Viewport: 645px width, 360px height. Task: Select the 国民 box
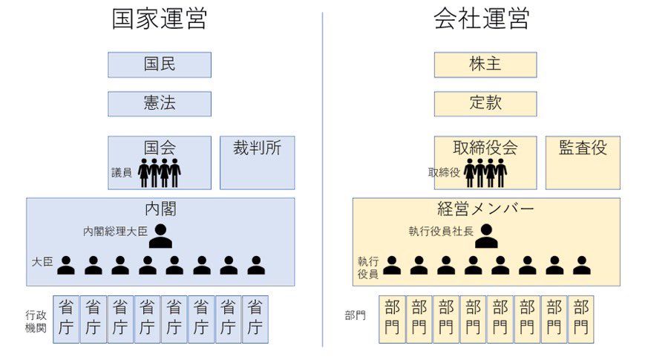pos(160,65)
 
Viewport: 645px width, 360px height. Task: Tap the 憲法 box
pos(160,104)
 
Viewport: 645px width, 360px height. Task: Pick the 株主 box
pos(485,65)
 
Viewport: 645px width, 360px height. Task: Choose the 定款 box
pos(485,104)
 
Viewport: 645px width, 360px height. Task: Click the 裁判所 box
pos(257,162)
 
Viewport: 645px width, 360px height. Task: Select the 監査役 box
pos(583,162)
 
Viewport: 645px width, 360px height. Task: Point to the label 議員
pos(122,172)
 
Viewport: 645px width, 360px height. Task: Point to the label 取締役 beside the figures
pos(444,172)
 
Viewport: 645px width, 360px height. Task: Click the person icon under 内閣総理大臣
pos(160,236)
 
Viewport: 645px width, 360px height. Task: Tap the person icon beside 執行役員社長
pos(486,236)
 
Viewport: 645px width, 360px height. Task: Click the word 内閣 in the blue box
pos(160,209)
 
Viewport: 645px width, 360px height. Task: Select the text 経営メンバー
pos(486,209)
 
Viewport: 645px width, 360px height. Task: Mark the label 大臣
pos(42,262)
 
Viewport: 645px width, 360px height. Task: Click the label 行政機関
pos(36,321)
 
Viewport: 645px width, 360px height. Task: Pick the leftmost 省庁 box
pos(67,318)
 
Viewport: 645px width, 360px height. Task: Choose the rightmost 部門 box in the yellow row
pos(581,318)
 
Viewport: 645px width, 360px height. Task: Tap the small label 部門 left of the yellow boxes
pos(356,315)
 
